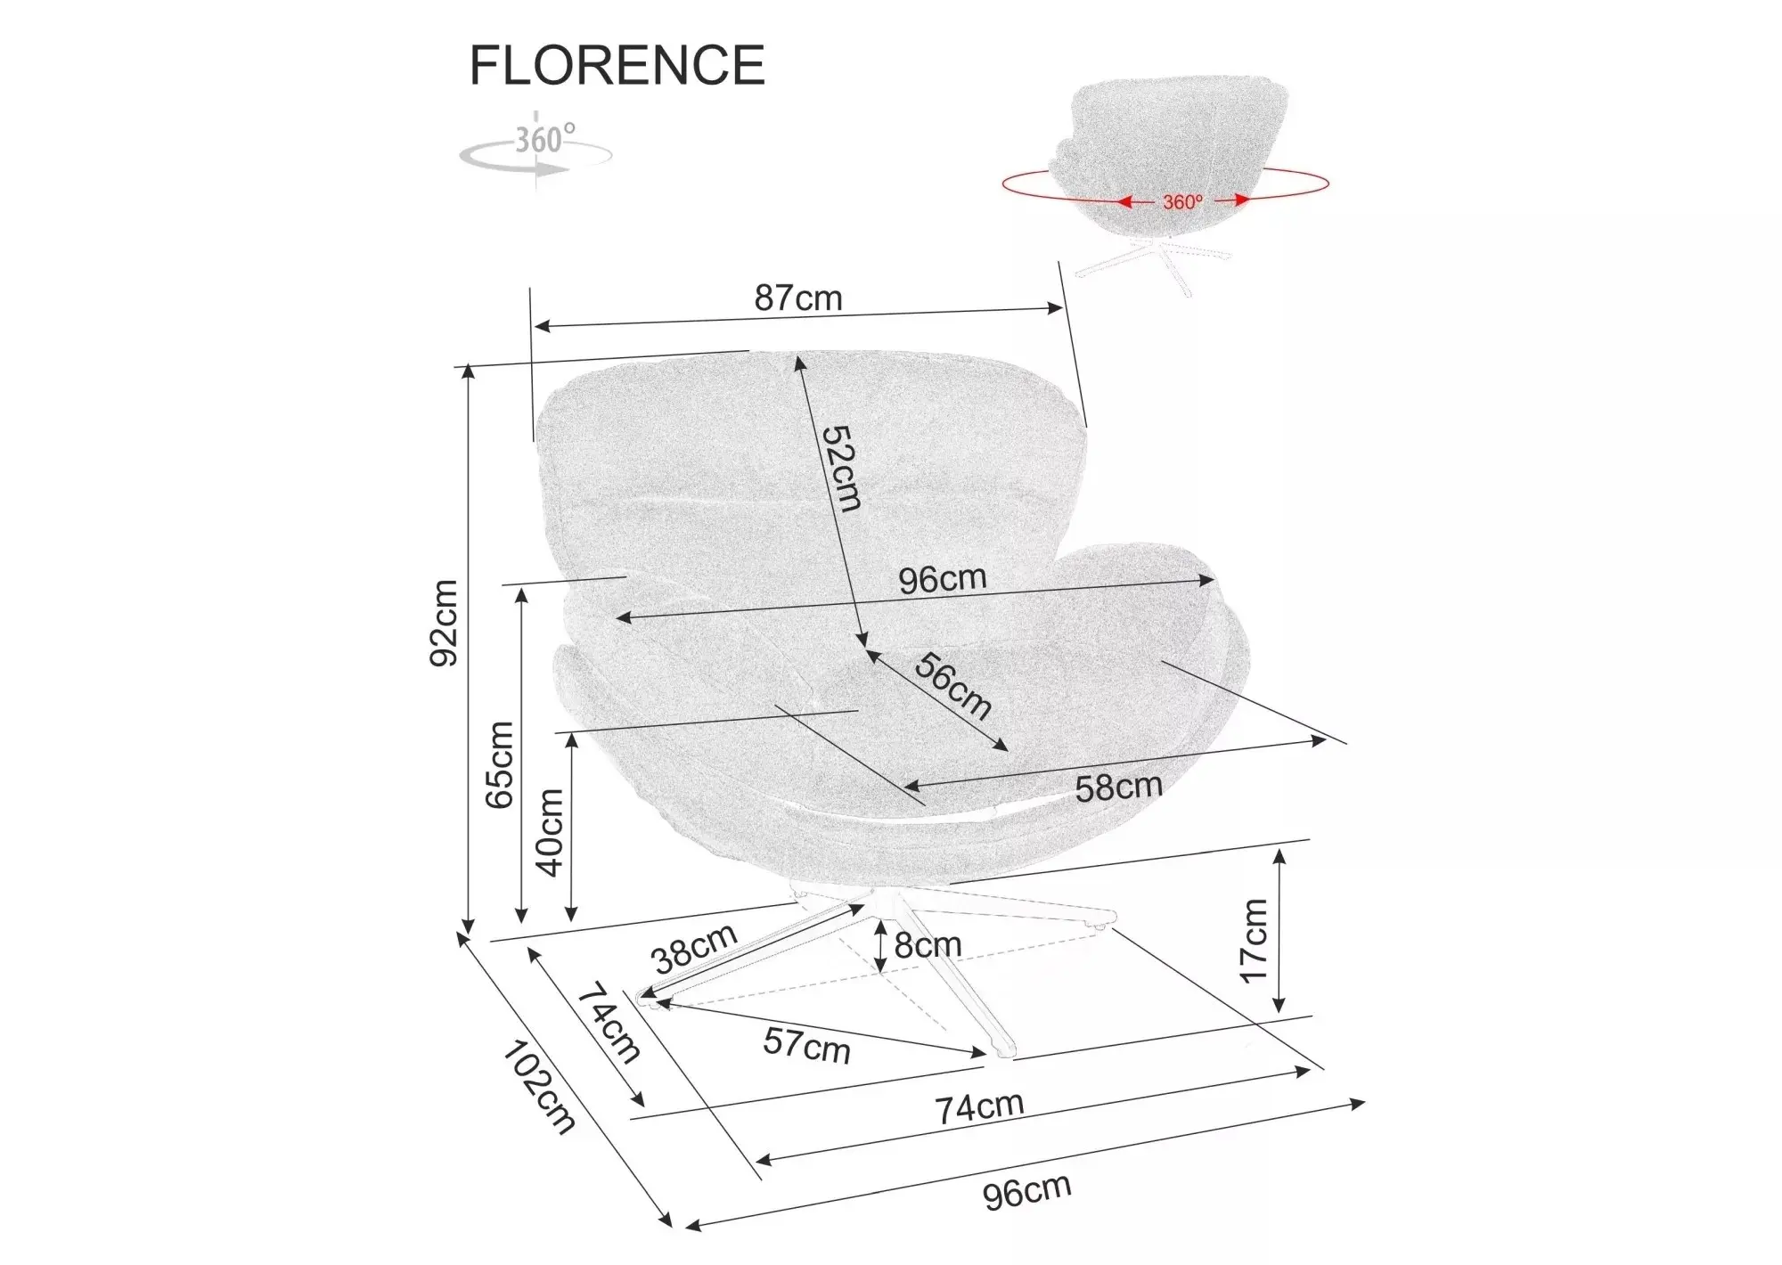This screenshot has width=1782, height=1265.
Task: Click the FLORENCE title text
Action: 617,65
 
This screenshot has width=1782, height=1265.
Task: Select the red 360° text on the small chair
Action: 1182,202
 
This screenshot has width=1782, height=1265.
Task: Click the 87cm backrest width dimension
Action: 798,298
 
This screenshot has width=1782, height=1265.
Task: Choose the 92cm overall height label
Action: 444,623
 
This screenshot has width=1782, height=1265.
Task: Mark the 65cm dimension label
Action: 500,764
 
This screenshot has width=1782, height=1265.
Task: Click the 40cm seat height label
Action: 550,832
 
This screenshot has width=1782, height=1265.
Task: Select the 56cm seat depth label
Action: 952,685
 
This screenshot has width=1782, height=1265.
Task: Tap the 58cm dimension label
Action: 1119,787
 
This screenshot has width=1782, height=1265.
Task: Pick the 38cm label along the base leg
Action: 695,948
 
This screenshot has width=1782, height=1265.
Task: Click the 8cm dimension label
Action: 928,945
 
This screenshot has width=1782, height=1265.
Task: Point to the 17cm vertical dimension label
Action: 1254,940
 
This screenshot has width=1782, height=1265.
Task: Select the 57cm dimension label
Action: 806,1045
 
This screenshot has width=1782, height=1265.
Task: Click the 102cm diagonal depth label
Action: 538,1087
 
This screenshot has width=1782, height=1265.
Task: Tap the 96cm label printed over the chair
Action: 943,580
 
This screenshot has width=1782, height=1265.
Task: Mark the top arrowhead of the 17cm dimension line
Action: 1279,857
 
